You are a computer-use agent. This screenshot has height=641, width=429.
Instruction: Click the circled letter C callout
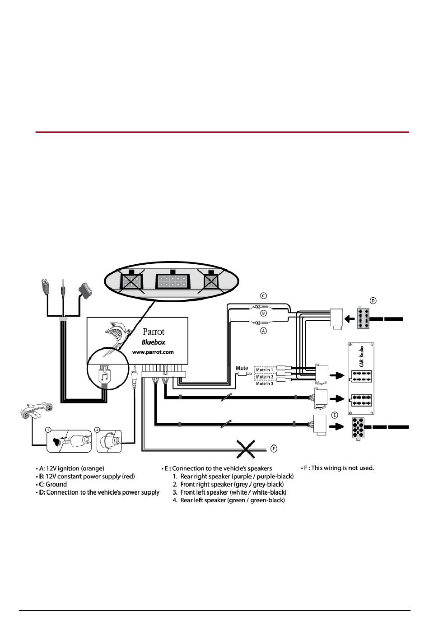pos(263,296)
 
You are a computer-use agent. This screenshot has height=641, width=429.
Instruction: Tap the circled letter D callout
pos(373,301)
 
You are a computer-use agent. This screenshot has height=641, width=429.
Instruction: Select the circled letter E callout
pos(334,415)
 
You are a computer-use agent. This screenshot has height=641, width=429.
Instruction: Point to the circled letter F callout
pos(274,449)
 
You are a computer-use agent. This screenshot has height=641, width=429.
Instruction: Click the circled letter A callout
pos(263,331)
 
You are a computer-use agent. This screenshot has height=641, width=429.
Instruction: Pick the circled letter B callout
pos(263,313)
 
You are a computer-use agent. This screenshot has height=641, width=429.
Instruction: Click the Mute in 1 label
pos(265,370)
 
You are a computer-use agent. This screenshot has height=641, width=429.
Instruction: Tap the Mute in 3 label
pos(265,384)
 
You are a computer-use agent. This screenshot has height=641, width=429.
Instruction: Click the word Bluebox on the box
pos(153,342)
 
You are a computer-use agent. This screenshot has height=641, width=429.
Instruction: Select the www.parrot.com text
pos(153,352)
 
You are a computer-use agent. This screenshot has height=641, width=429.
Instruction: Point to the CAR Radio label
pos(362,356)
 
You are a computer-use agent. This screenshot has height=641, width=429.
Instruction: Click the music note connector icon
pos(104,376)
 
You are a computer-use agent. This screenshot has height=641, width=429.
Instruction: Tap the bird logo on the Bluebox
pos(117,338)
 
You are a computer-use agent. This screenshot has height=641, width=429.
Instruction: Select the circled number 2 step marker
pos(97,430)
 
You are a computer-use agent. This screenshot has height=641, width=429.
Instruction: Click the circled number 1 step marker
pos(48,430)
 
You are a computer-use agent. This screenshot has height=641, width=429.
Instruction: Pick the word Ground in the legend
pos(56,484)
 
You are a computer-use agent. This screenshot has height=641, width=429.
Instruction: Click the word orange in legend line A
pos(93,469)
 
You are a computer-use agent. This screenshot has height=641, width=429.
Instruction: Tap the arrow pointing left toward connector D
pos(350,319)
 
